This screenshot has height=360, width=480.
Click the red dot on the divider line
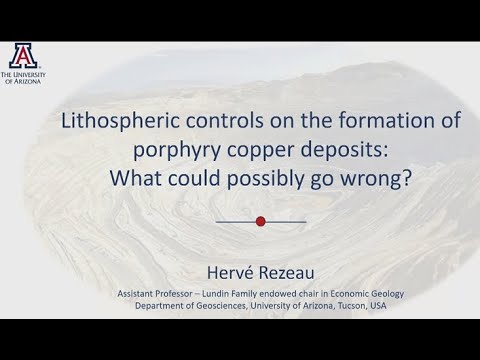click(x=261, y=221)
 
